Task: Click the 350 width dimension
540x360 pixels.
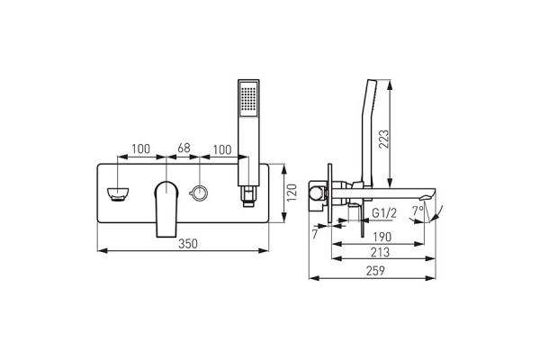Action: click(188, 244)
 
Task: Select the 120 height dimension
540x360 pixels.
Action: click(292, 193)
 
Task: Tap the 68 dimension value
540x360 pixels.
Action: click(184, 148)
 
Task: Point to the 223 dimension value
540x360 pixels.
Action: click(383, 139)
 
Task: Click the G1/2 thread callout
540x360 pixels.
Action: click(384, 213)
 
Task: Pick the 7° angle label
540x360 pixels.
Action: click(418, 211)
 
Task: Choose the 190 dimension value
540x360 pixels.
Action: click(382, 237)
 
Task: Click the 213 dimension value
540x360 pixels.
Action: click(380, 253)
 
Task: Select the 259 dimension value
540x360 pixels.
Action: click(375, 271)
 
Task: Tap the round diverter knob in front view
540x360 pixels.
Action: click(199, 193)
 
